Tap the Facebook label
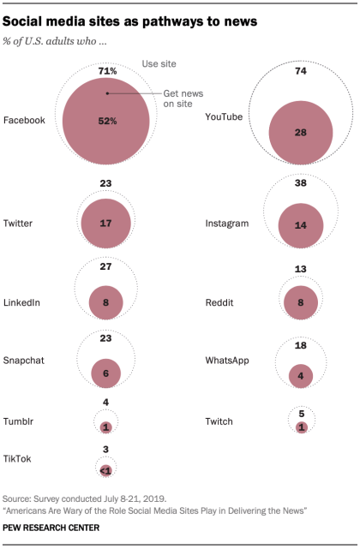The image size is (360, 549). tap(24, 120)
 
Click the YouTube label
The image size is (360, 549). tap(225, 120)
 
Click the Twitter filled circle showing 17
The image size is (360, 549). tap(105, 223)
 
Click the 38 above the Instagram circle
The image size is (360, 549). tap(301, 182)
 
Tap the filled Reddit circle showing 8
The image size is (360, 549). tap(301, 301)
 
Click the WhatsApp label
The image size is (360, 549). tap(228, 361)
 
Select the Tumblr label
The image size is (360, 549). tap(19, 421)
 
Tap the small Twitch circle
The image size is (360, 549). tap(301, 427)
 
